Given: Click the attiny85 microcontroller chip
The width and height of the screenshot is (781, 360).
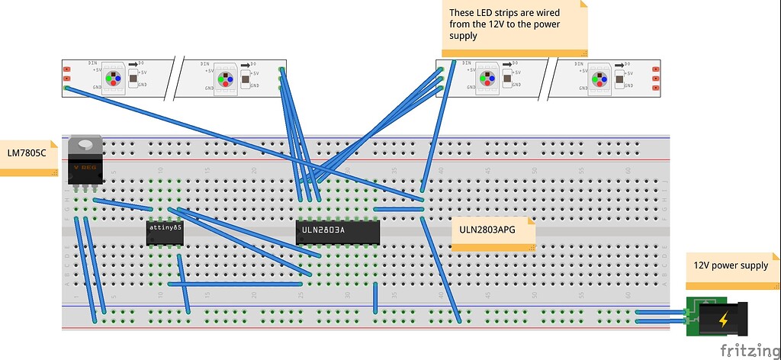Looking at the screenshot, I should click(x=165, y=233).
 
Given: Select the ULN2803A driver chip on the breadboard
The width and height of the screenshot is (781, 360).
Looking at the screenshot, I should click(x=337, y=233).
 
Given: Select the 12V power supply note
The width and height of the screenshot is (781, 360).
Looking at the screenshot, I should click(x=730, y=266).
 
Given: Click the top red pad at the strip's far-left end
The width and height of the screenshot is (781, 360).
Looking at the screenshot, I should click(x=67, y=69).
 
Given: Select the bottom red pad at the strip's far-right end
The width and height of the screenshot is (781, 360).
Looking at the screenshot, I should click(x=655, y=88).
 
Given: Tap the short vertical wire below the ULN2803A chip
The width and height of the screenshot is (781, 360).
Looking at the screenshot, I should click(x=375, y=297).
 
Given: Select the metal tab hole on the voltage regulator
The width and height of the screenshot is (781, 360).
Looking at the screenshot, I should click(x=84, y=143).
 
